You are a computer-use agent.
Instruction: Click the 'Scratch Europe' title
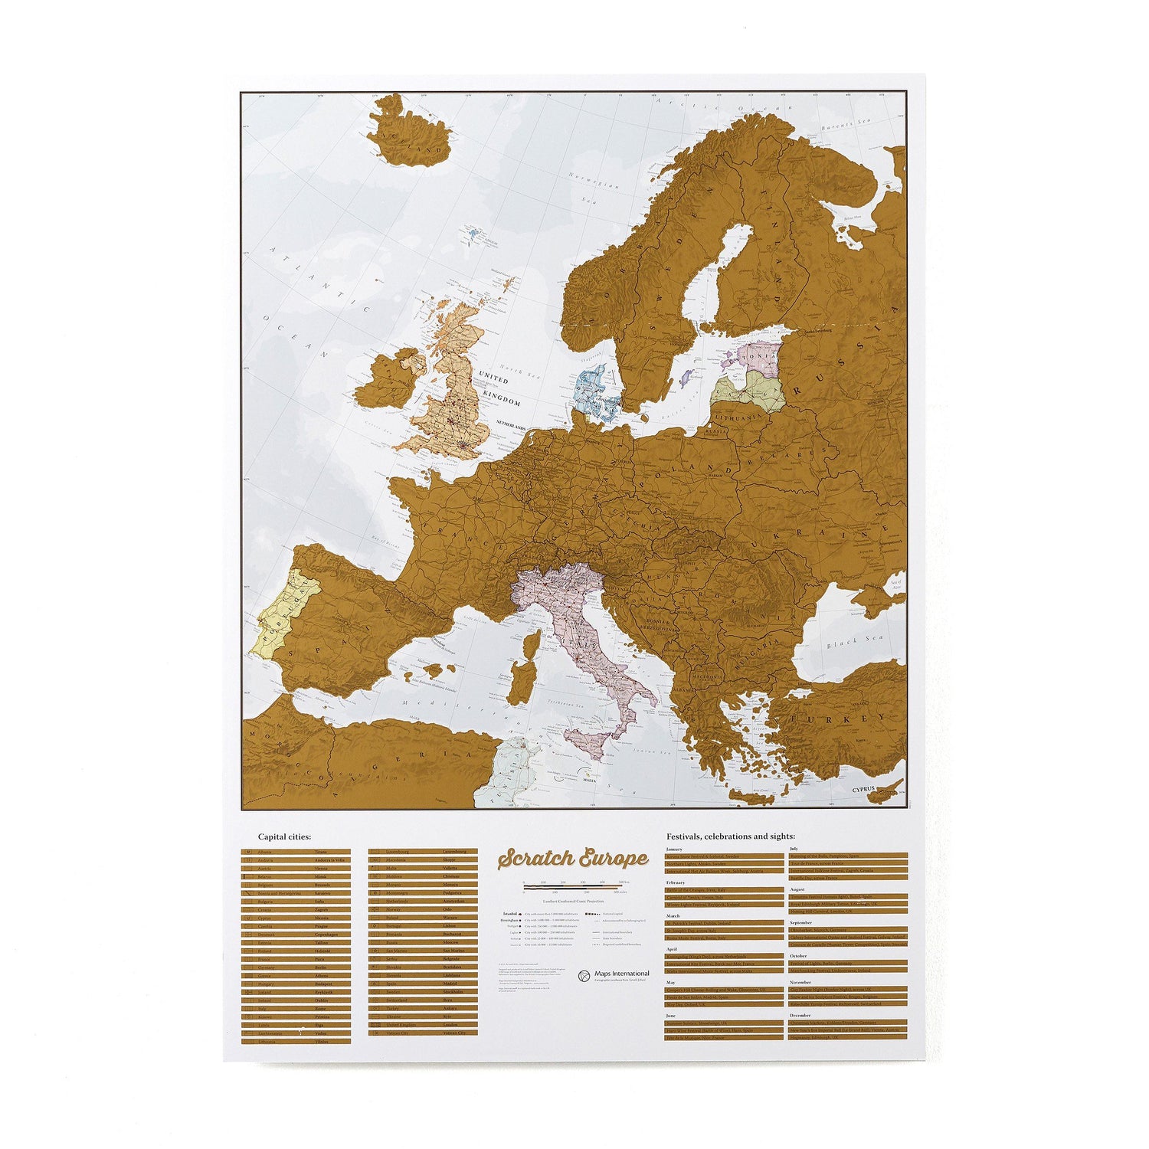click(x=572, y=859)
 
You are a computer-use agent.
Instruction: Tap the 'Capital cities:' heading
click(x=284, y=836)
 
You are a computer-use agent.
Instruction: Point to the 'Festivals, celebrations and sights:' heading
click(x=730, y=836)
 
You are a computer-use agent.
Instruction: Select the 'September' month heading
click(x=801, y=923)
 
